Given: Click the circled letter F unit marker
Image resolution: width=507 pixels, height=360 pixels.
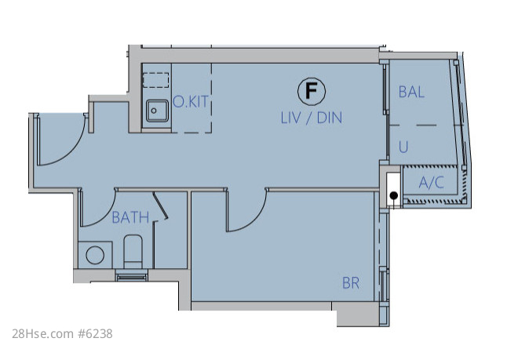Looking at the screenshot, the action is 312,92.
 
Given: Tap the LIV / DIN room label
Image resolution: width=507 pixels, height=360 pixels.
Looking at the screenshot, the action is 312,118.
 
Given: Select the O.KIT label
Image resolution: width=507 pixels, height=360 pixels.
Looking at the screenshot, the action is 191,102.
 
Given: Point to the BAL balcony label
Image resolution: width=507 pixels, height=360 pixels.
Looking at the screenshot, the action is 411,92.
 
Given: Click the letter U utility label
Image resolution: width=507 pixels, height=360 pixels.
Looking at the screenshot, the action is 403,147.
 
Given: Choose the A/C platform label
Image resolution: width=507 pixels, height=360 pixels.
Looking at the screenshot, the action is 432,183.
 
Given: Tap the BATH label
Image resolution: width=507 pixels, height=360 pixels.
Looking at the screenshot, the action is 130,217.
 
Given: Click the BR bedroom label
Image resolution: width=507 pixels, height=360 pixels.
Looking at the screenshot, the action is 351,283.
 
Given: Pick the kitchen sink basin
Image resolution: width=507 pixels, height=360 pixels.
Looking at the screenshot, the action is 157,111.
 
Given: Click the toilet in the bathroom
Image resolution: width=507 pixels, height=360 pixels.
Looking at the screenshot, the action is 133,252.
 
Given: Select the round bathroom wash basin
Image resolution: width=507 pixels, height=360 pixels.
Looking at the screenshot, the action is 95,255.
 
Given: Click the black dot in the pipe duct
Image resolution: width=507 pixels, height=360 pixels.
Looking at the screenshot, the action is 393,195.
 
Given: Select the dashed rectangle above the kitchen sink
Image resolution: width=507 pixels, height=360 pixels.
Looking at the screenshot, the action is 156,80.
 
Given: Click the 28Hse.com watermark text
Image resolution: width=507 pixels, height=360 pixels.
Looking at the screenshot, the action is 42,334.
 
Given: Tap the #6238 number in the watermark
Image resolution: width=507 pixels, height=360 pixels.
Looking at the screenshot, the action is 95,334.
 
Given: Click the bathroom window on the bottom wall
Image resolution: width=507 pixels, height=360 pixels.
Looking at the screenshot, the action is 131,277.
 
